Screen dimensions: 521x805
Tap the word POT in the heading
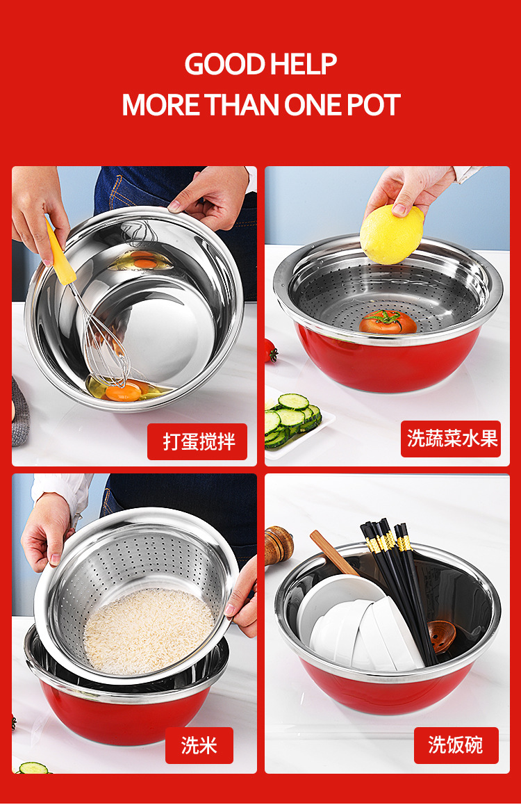pyautogui.click(x=373, y=105)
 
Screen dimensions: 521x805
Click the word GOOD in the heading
pyautogui.click(x=224, y=64)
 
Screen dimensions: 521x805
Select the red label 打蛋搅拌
pyautogui.click(x=197, y=441)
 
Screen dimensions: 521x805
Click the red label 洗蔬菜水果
pyautogui.click(x=451, y=439)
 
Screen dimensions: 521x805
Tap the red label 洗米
pyautogui.click(x=199, y=745)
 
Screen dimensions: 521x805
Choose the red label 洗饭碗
pyautogui.click(x=456, y=745)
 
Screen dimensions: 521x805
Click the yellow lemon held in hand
pyautogui.click(x=392, y=234)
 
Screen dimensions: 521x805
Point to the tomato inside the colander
pyautogui.click(x=388, y=322)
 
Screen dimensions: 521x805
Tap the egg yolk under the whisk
pyautogui.click(x=124, y=393)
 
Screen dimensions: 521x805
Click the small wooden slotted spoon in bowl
pyautogui.click(x=442, y=637)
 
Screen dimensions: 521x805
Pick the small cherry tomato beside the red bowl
pyautogui.click(x=271, y=350)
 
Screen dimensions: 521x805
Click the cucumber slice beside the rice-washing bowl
pyautogui.click(x=33, y=768)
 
